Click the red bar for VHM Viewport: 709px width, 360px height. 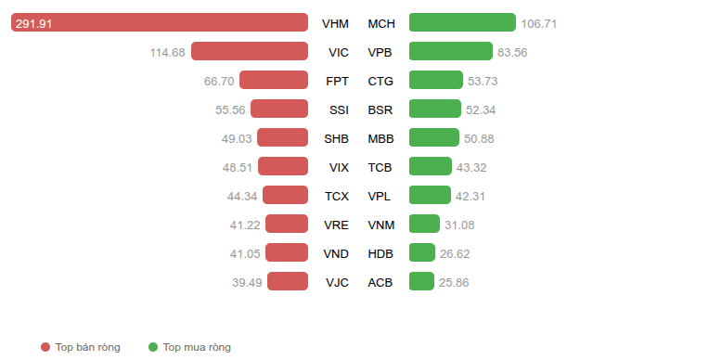(x=160, y=22)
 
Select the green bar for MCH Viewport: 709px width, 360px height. (x=462, y=22)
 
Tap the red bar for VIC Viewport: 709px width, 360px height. (x=250, y=51)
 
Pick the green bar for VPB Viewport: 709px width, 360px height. (x=451, y=51)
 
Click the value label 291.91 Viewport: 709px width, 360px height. (x=34, y=23)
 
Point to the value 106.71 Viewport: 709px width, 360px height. (x=538, y=23)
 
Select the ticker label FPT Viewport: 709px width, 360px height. (x=337, y=82)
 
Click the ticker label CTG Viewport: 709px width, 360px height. (x=380, y=82)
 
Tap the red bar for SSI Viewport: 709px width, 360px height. (x=279, y=109)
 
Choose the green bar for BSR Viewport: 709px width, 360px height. (x=435, y=109)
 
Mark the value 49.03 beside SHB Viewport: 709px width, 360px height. (x=237, y=139)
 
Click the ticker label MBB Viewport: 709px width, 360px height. (x=380, y=139)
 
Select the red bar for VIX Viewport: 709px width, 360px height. (x=283, y=166)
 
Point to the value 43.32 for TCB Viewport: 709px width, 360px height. (x=471, y=168)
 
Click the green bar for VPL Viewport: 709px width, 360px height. (x=430, y=195)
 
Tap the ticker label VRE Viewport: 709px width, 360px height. (x=337, y=225)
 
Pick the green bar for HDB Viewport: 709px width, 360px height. (x=422, y=252)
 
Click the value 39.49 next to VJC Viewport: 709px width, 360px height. (x=247, y=283)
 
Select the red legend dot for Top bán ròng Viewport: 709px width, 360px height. (x=45, y=347)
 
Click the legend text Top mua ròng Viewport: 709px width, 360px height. (x=197, y=347)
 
